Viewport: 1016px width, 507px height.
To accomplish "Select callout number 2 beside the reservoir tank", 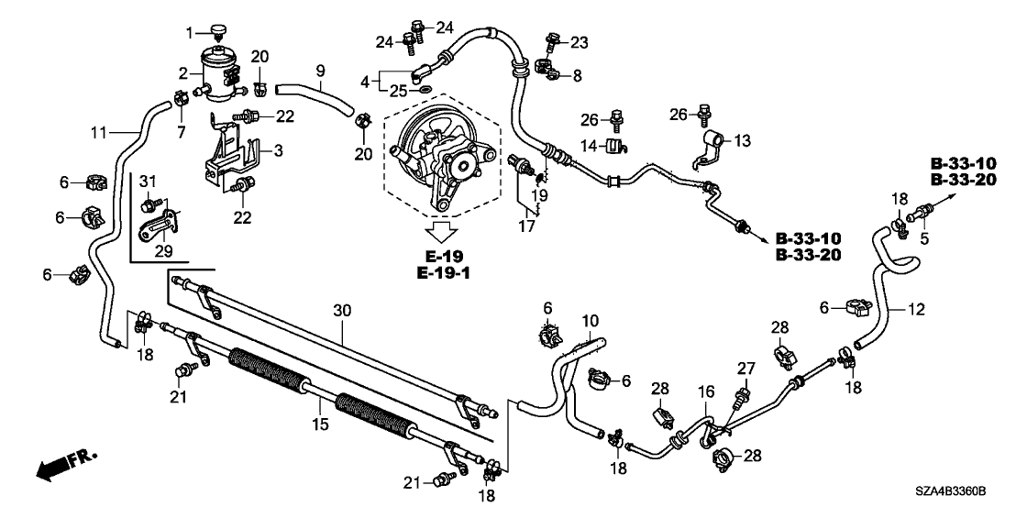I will [x=182, y=72].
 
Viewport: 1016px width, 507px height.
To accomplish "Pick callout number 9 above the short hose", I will [x=320, y=69].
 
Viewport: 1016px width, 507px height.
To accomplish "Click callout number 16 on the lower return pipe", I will [x=705, y=391].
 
